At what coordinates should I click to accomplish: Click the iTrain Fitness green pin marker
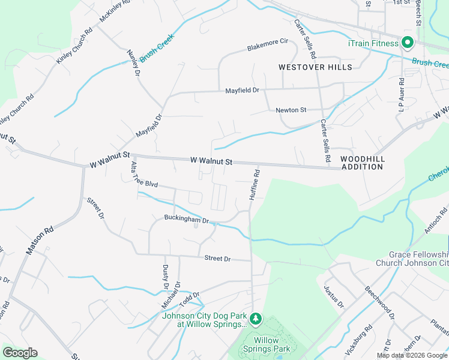pyautogui.click(x=407, y=43)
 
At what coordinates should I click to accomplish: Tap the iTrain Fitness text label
pyautogui.click(x=373, y=43)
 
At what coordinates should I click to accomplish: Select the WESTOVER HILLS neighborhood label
pyautogui.click(x=316, y=67)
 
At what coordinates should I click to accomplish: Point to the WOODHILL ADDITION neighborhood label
pyautogui.click(x=362, y=163)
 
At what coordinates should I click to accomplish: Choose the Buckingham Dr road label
pyautogui.click(x=186, y=220)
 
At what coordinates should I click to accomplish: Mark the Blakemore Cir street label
pyautogui.click(x=268, y=44)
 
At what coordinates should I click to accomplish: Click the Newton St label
pyautogui.click(x=291, y=110)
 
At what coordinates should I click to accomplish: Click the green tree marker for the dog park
pyautogui.click(x=256, y=317)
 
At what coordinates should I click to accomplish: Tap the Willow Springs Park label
pyautogui.click(x=267, y=344)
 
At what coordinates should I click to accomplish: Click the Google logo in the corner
pyautogui.click(x=20, y=353)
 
